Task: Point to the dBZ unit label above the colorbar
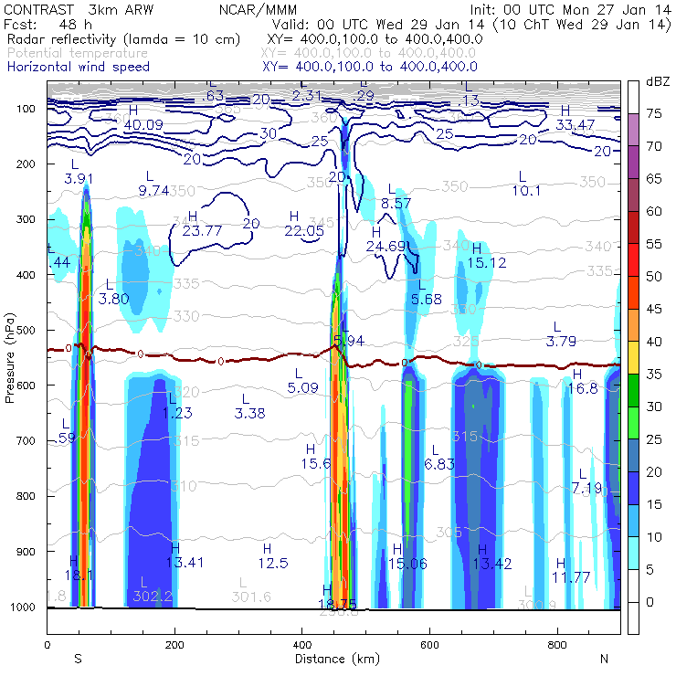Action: click(658, 82)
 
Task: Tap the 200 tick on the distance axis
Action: click(174, 644)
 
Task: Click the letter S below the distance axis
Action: click(79, 659)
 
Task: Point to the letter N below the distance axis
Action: click(604, 659)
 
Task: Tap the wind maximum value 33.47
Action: click(576, 125)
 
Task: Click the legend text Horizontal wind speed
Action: click(78, 67)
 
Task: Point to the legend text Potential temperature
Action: click(77, 53)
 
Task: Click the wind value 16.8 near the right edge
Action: click(582, 388)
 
